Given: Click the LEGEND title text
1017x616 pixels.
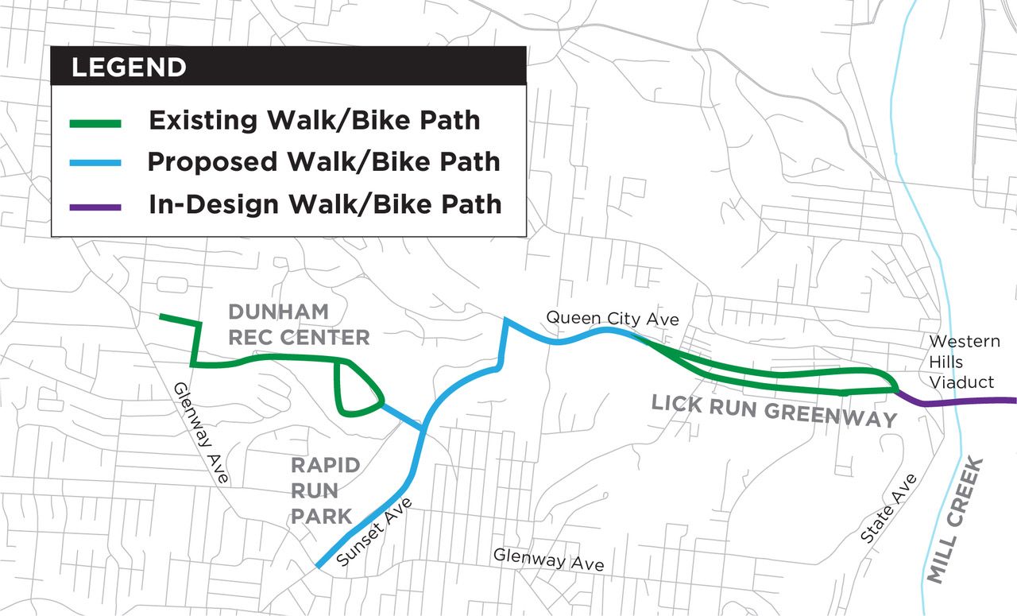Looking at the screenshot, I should (x=129, y=68).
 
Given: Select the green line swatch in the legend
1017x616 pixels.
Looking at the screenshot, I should (x=95, y=123).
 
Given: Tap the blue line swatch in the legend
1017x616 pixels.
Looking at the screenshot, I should (x=95, y=164).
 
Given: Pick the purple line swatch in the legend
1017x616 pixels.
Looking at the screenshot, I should (x=95, y=207).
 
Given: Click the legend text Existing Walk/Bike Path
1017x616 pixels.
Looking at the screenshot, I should (x=314, y=121).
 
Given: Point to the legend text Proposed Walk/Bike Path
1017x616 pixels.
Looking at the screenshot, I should (x=323, y=162).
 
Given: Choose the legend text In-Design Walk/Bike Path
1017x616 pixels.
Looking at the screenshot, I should (x=325, y=204).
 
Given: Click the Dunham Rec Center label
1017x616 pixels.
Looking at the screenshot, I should (x=299, y=324).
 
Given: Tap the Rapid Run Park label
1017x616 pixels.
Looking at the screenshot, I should (x=325, y=490).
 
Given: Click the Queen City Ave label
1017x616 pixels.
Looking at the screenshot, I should (x=612, y=319).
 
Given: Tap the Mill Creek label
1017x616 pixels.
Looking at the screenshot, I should (x=957, y=521).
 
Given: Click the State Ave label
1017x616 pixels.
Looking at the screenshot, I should (x=888, y=509).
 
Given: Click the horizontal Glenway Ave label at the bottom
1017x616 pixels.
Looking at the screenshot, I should (x=548, y=560).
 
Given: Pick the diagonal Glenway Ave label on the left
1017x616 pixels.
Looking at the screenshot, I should (x=201, y=433).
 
